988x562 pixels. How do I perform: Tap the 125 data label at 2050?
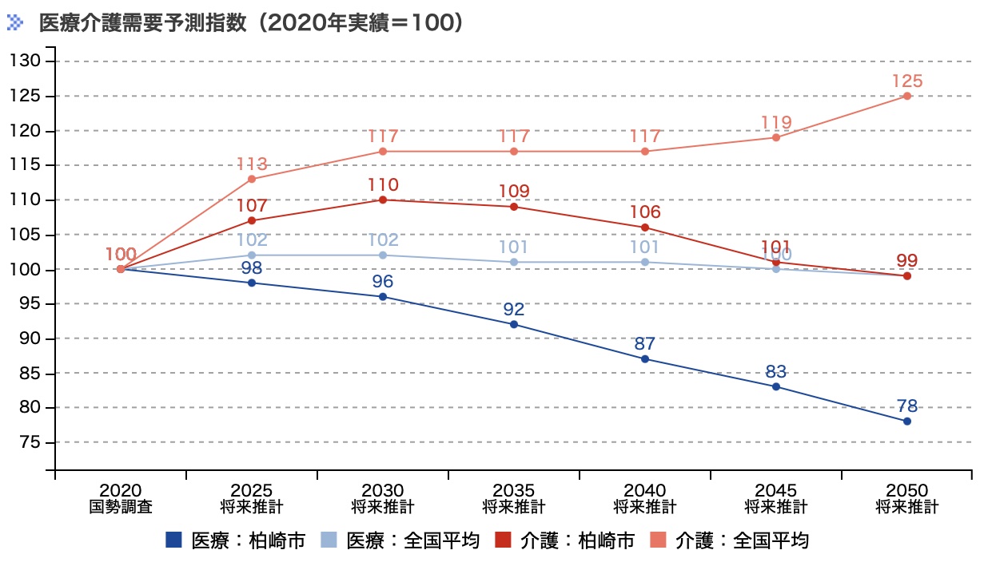(x=907, y=81)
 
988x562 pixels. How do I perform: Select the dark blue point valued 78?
(x=907, y=421)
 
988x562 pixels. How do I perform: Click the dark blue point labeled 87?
(x=645, y=359)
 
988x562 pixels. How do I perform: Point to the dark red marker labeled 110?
(x=383, y=200)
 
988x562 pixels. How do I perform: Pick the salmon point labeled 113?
(x=252, y=179)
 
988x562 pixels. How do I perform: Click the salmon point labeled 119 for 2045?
(x=776, y=137)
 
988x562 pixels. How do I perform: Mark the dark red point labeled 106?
(x=645, y=228)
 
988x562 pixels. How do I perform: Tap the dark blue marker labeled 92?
(x=514, y=324)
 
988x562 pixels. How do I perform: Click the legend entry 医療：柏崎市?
(x=236, y=540)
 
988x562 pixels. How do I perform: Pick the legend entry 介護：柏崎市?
(x=565, y=540)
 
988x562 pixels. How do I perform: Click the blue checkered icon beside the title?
(x=16, y=22)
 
